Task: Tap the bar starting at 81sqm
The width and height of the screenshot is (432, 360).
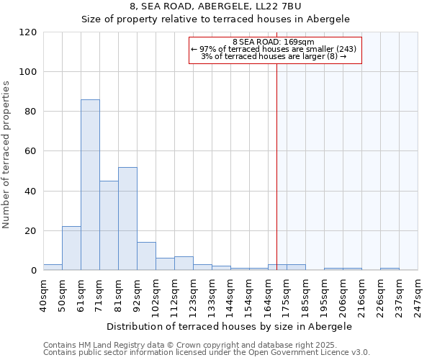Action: click(127, 219)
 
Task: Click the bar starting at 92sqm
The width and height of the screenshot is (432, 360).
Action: click(146, 256)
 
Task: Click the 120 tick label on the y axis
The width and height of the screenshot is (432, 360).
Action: click(28, 32)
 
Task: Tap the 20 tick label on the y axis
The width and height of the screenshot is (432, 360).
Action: click(31, 231)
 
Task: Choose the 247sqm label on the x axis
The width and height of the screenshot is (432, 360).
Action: click(418, 294)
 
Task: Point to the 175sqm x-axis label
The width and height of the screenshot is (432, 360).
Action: click(287, 294)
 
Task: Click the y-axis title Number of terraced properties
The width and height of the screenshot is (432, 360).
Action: click(7, 155)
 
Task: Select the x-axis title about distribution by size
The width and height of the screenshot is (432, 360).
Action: click(230, 326)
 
